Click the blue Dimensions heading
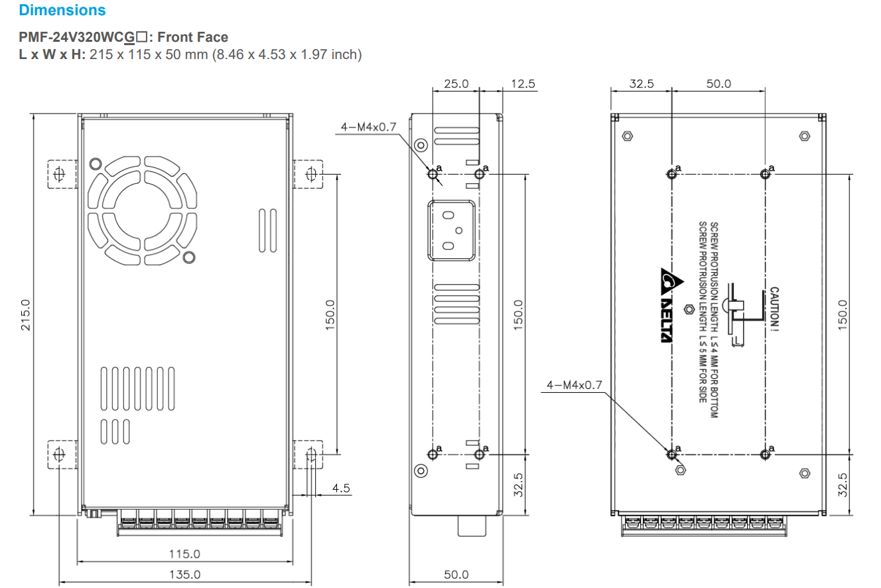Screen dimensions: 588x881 (x=62, y=11)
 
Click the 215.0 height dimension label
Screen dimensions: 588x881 (x=26, y=315)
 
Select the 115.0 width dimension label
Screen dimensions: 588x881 (x=184, y=553)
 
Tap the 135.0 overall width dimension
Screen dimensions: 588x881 (x=184, y=575)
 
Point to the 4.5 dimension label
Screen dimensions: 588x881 (x=341, y=488)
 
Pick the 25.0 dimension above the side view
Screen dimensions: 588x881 (x=456, y=84)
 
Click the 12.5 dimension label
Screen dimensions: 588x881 (x=523, y=84)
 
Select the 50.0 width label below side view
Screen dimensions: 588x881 (x=456, y=575)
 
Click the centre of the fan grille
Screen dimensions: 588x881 (x=142, y=210)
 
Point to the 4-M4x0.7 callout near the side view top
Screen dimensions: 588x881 (x=368, y=127)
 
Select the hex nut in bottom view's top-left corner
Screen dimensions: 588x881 (x=627, y=137)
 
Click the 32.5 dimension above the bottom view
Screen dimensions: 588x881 (x=642, y=84)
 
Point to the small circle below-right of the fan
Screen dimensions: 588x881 (x=188, y=257)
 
